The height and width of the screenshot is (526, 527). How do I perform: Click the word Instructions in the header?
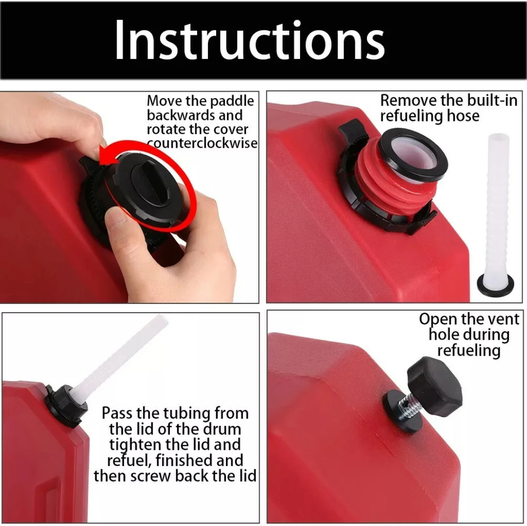[x=250, y=40]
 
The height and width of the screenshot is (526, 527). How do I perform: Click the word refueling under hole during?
[x=469, y=350]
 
